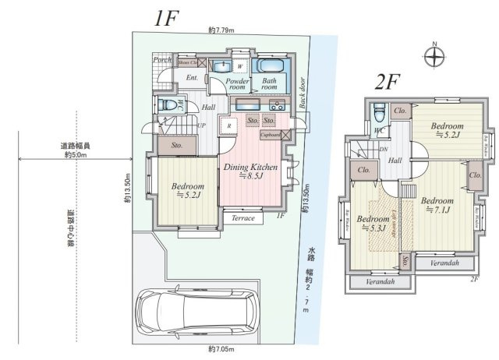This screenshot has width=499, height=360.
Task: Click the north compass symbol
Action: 434,55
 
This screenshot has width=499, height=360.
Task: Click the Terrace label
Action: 242,218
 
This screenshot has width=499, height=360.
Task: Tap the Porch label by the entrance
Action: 162,60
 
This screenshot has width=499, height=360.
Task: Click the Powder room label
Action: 237,84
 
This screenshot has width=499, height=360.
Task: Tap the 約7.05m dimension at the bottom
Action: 221,348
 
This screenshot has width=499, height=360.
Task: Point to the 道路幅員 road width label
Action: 76,146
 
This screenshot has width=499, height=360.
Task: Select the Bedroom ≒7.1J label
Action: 442,205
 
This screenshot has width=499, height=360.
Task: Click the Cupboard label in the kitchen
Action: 271,134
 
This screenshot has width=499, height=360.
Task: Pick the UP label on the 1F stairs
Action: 202,125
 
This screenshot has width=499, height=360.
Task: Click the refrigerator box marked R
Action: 228,125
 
